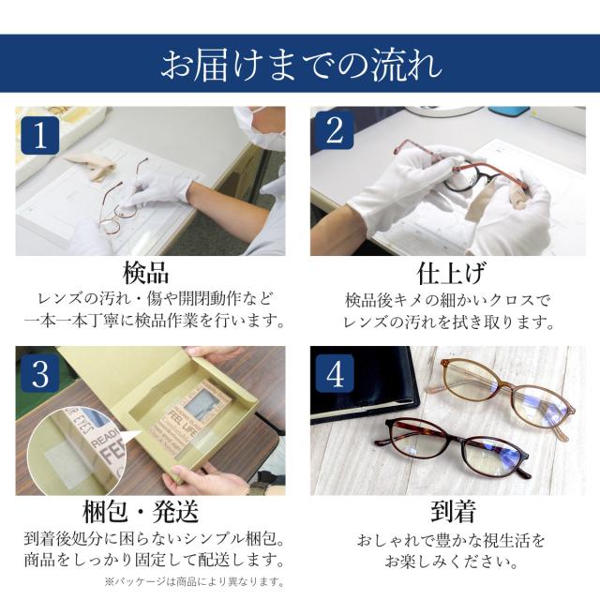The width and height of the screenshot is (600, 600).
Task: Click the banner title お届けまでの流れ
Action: pyautogui.click(x=301, y=65)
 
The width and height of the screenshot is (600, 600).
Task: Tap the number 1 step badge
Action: pyautogui.click(x=40, y=136)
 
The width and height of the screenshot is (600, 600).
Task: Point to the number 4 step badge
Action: pyautogui.click(x=335, y=373)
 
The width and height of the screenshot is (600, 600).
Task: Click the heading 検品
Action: pyautogui.click(x=145, y=273)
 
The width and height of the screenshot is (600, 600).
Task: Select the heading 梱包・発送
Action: pyautogui.click(x=141, y=512)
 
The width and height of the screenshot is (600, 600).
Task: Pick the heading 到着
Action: pyautogui.click(x=453, y=512)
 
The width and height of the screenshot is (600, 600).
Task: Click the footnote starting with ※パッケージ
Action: pyautogui.click(x=194, y=582)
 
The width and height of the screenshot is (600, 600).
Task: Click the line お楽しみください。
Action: pyautogui.click(x=452, y=562)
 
